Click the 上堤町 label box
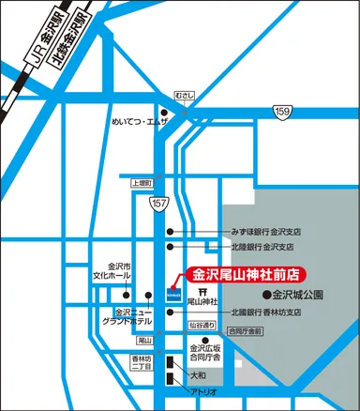tap(141, 184)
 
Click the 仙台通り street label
tap(202, 326)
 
